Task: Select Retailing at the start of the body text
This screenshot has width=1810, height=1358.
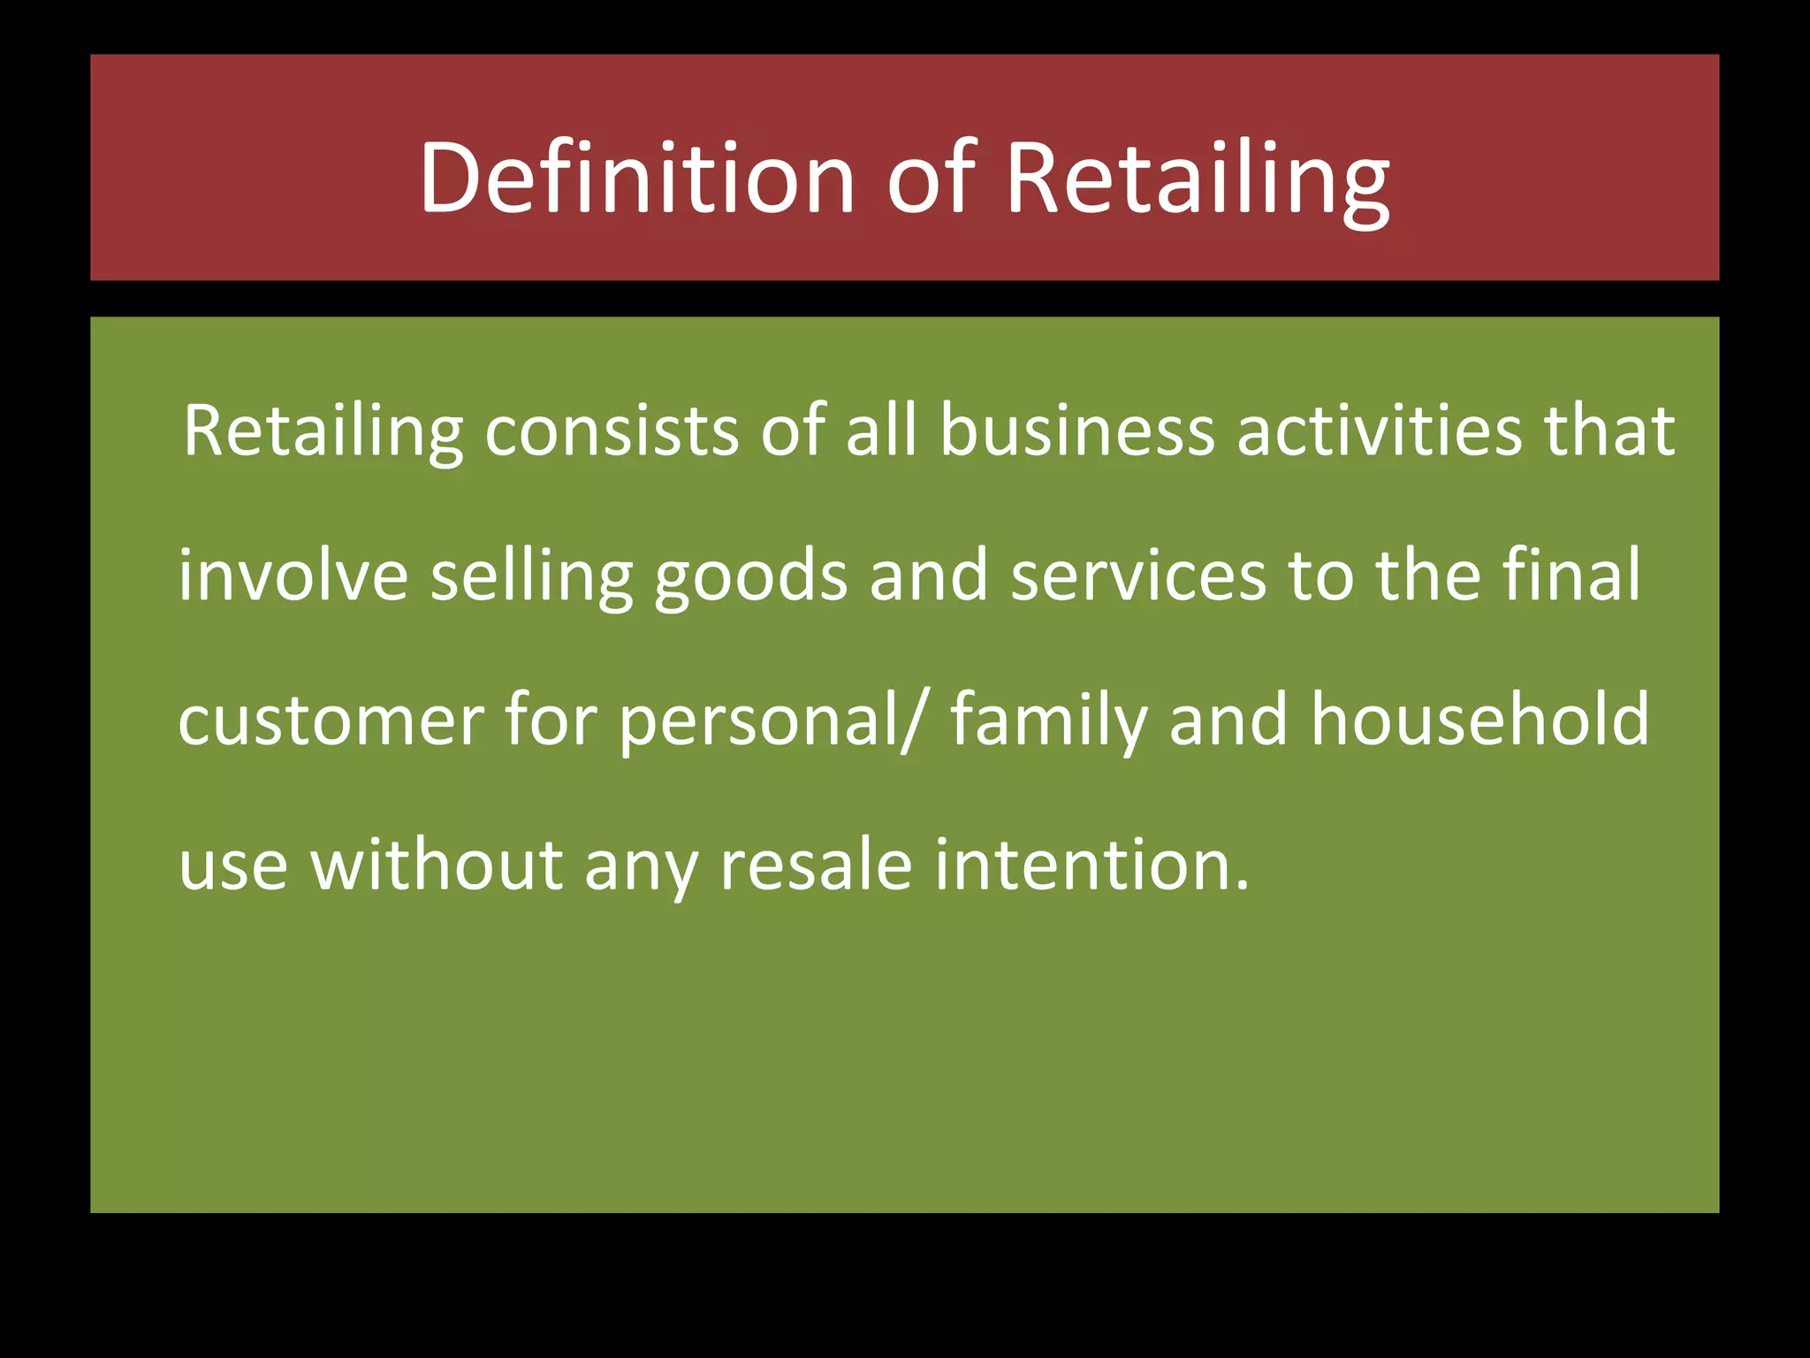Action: coord(323,431)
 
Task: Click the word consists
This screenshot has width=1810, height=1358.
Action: coord(612,431)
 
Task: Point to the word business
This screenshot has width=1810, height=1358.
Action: coord(1076,431)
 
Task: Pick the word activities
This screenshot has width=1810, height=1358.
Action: coord(1379,431)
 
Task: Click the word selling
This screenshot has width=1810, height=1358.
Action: coord(531,576)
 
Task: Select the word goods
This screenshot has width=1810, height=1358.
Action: coord(750,576)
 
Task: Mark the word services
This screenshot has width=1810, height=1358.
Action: coord(1138,576)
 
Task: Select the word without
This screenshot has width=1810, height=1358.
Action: coord(437,864)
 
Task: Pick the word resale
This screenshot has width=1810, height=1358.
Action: coord(816,864)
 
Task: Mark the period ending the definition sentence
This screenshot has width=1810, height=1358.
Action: coord(1243,884)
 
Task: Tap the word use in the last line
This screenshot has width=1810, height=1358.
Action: coord(233,864)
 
